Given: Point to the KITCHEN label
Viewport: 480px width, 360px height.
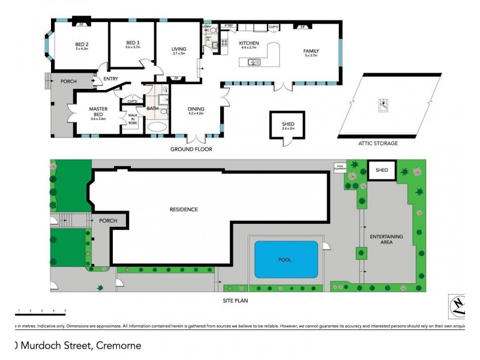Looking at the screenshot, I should pyautogui.click(x=248, y=44).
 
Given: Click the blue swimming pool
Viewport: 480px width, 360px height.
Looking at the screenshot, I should pyautogui.click(x=286, y=259).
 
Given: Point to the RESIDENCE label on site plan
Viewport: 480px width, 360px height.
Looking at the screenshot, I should pyautogui.click(x=184, y=209).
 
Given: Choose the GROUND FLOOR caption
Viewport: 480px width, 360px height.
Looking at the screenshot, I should pyautogui.click(x=191, y=149).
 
